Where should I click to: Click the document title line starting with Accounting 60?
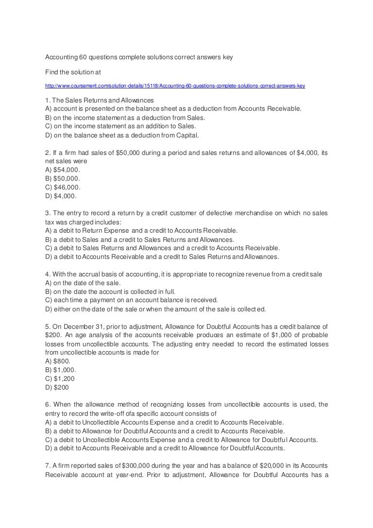point(139,57)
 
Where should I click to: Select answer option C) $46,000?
point(63,187)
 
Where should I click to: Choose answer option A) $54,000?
point(63,170)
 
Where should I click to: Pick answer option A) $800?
point(58,361)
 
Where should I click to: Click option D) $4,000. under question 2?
point(61,196)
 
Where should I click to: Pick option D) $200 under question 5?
point(57,388)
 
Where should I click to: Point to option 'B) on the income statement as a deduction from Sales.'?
point(125,118)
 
